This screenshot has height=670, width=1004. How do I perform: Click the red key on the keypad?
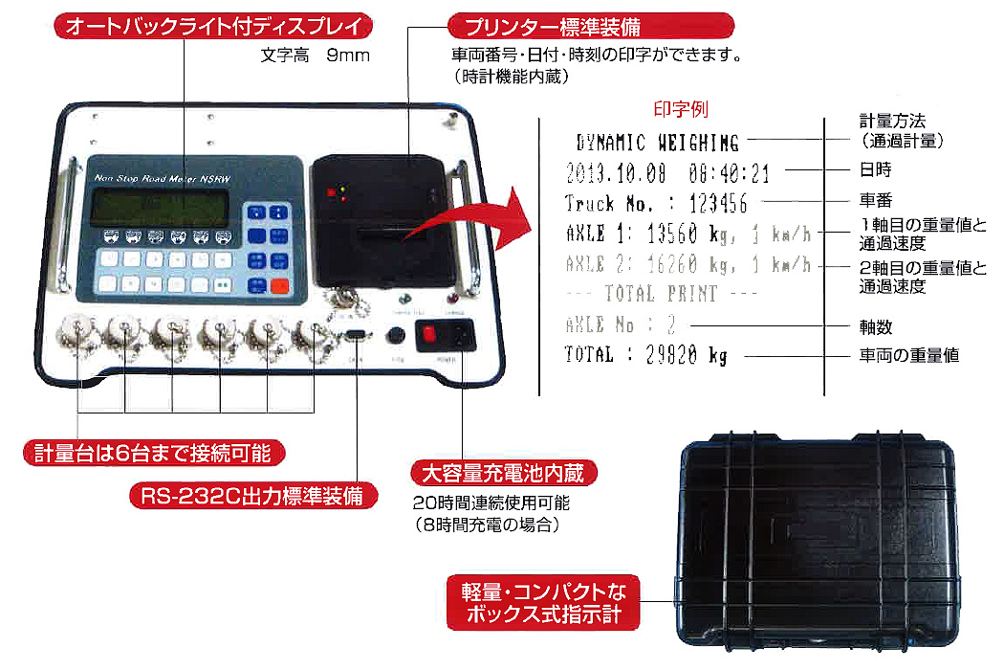pos(279,285)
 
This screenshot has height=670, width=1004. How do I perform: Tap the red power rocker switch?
pos(430,335)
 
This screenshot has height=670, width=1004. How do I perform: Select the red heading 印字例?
pos(680,110)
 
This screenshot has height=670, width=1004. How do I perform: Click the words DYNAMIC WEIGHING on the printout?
pos(658,144)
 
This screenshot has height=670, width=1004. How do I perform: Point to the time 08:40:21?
pos(729,173)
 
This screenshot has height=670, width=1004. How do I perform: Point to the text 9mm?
pos(347,56)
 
